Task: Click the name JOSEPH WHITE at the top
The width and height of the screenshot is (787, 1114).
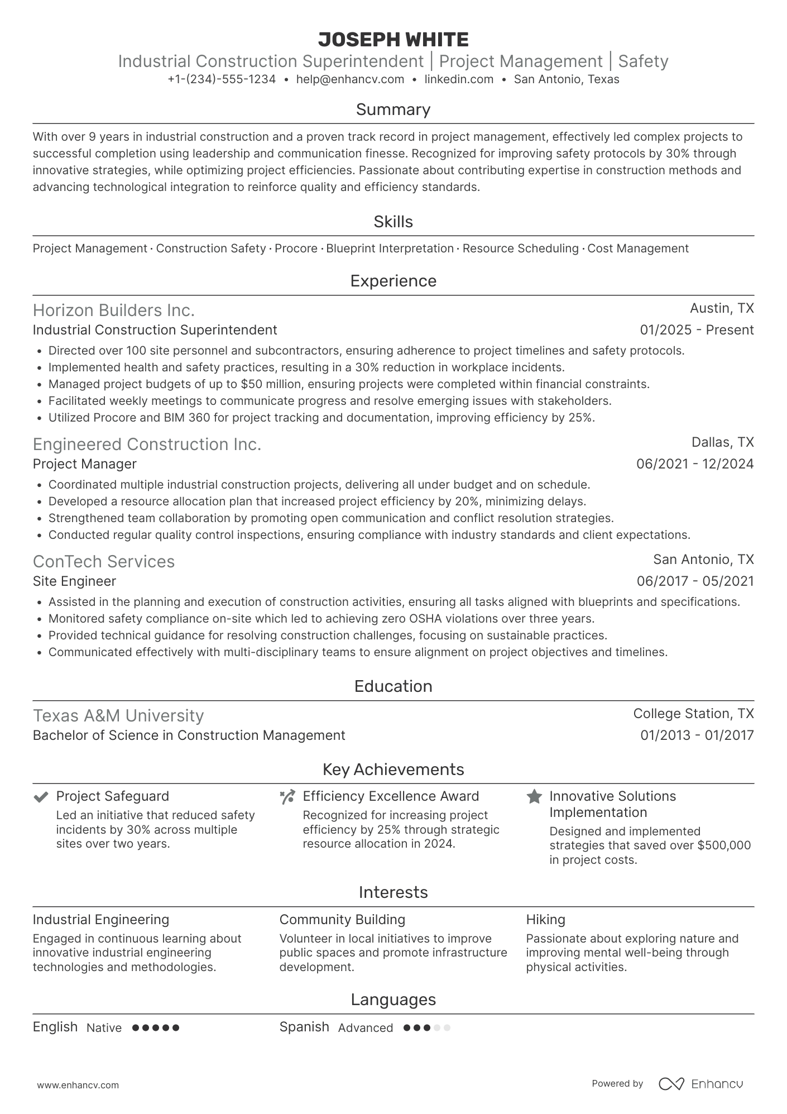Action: coord(393,40)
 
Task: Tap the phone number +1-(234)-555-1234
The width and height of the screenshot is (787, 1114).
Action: coord(222,79)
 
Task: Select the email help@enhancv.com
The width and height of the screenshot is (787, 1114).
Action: coord(350,79)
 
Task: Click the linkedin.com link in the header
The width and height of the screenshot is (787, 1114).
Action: coord(459,79)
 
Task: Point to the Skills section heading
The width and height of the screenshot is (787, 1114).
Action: coord(393,222)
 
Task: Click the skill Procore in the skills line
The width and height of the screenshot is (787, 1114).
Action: coord(296,248)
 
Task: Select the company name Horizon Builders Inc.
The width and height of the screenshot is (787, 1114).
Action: coord(114,310)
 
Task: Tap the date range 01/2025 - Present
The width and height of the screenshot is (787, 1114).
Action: coord(697,330)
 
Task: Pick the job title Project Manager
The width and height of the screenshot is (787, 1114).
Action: coord(85,464)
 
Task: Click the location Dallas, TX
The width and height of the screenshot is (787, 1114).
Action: coord(722,442)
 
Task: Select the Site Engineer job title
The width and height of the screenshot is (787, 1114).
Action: coord(74,581)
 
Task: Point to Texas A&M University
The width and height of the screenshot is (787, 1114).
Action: coord(118,715)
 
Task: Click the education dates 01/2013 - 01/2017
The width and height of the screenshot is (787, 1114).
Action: coord(697,735)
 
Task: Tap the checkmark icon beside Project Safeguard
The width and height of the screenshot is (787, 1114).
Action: coord(40,797)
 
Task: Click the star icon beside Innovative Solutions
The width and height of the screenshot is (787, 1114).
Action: coord(534,797)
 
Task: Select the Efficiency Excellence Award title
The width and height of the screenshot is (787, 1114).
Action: coord(391,796)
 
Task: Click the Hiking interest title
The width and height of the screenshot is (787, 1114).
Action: coord(545,920)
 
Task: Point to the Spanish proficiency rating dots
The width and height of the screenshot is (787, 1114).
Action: coord(426,1027)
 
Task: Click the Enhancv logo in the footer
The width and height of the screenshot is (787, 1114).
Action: coord(701,1084)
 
